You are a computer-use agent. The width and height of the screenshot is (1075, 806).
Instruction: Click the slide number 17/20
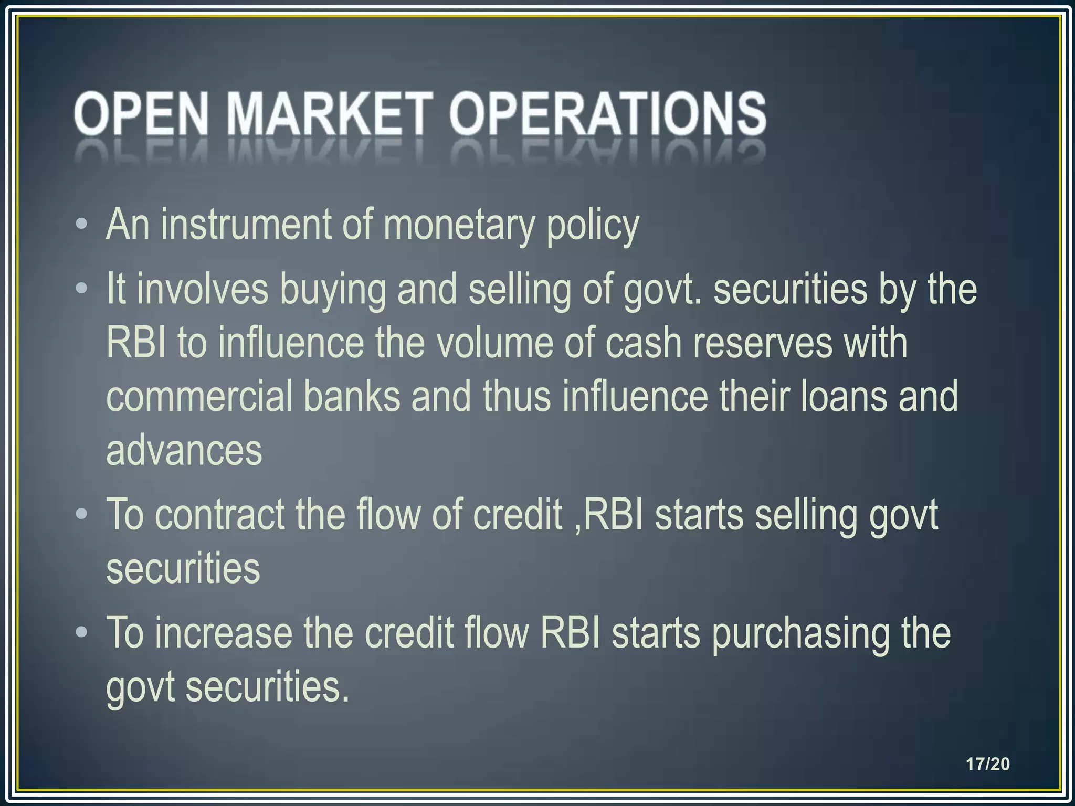tap(988, 764)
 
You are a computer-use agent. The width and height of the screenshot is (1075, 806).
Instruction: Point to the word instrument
tap(246, 225)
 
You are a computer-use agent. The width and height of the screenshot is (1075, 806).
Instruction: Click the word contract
tap(219, 515)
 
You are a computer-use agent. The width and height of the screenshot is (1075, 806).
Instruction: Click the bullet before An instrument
tap(81, 224)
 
